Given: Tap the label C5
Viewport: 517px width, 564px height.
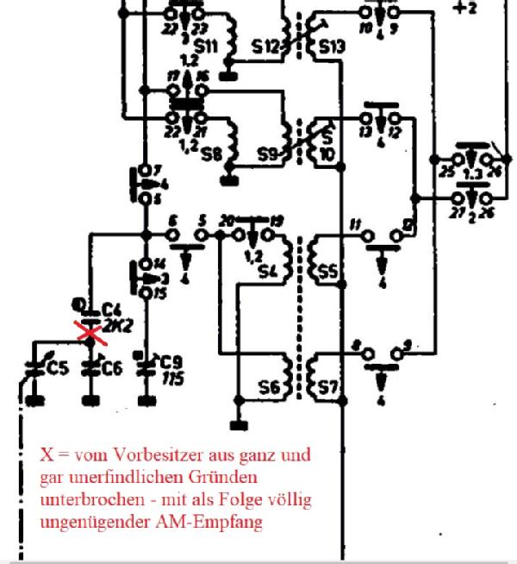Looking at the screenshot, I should point(57,369).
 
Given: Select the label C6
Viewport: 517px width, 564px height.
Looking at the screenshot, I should point(110,368).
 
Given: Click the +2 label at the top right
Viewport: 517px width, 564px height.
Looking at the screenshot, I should point(465,8).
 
